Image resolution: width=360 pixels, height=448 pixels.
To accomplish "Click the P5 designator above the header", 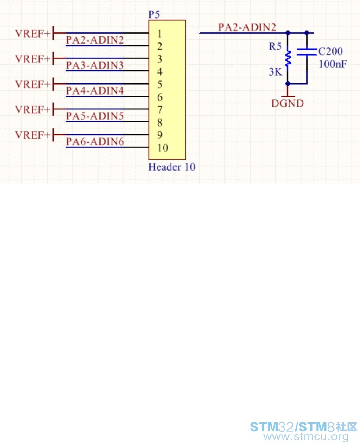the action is click(154, 14).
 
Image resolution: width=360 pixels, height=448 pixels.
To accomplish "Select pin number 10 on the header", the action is click(163, 148).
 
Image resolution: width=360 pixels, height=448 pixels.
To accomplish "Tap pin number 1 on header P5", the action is click(159, 33).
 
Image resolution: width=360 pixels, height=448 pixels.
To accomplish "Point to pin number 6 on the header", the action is click(159, 97).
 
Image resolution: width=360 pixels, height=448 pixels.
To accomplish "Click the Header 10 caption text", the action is click(171, 167).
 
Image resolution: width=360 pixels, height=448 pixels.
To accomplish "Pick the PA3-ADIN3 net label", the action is click(95, 65).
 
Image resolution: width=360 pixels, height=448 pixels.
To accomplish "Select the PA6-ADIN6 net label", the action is click(95, 141).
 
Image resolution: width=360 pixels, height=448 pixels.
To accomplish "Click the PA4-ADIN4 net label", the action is click(95, 90).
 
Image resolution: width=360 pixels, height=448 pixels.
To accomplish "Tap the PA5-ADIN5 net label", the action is click(95, 116).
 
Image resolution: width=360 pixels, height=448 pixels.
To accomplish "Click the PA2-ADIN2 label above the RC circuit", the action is click(247, 27).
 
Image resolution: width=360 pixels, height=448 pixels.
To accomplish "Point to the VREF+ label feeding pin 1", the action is click(32, 33).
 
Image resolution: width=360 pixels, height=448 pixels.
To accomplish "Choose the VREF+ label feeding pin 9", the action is click(32, 135).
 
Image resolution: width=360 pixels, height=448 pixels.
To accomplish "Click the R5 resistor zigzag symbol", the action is click(288, 58).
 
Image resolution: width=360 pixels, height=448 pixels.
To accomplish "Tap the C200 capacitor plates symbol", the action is click(307, 52).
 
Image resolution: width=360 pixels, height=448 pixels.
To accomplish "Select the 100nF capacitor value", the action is click(333, 64).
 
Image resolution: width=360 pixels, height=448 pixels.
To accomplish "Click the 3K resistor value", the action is click(276, 72).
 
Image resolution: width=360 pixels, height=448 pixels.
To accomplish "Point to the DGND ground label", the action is click(287, 103).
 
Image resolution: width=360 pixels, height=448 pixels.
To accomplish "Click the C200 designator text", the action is click(331, 51).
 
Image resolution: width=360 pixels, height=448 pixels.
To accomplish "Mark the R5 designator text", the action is click(275, 46).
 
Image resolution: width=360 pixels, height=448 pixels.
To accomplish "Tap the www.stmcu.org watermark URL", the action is click(306, 436).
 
